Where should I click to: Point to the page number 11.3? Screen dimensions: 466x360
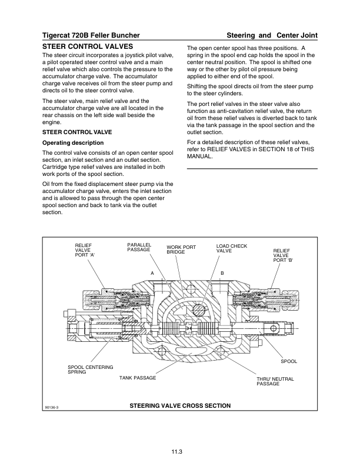click(x=179, y=451)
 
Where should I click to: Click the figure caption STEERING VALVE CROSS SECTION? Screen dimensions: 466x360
click(x=180, y=406)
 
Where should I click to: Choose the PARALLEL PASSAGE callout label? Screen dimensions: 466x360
click(x=139, y=247)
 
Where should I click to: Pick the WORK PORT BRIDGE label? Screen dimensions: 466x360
click(x=181, y=249)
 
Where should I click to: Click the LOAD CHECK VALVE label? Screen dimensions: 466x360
click(x=232, y=248)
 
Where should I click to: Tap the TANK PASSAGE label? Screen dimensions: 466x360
click(x=138, y=377)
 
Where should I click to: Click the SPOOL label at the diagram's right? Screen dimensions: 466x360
click(x=288, y=361)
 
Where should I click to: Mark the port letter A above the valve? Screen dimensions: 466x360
click(x=152, y=274)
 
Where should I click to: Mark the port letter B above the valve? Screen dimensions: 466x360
click(x=222, y=274)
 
